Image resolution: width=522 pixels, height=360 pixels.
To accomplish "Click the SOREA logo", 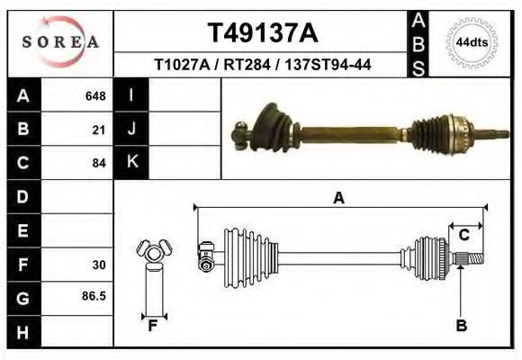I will click(x=60, y=41).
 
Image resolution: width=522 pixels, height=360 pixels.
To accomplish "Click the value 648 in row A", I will click(x=95, y=95).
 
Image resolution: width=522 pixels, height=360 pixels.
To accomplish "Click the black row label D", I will click(x=22, y=196).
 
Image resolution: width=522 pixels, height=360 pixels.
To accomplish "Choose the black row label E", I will click(x=22, y=230).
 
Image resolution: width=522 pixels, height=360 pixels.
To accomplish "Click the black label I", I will click(x=131, y=95).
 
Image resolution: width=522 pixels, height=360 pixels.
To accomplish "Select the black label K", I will click(x=131, y=163).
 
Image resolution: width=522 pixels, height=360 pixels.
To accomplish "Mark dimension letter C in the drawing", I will click(x=463, y=235).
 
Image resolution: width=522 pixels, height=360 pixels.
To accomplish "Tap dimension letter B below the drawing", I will click(x=461, y=326).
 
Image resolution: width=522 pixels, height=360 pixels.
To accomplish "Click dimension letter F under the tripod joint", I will click(x=153, y=326).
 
